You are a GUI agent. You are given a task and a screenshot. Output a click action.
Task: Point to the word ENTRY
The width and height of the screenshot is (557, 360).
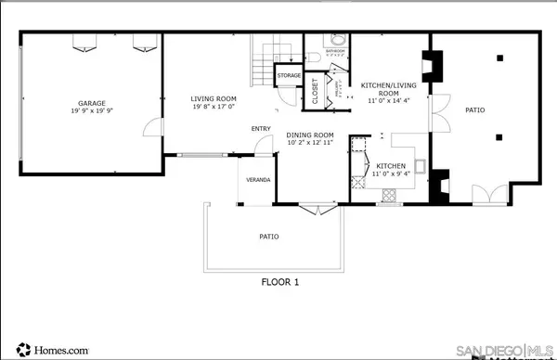click(261, 129)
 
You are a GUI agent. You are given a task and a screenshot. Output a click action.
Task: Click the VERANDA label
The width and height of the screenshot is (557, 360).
click(257, 178)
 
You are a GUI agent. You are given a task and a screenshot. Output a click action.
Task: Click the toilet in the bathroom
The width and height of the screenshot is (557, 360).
click(339, 43)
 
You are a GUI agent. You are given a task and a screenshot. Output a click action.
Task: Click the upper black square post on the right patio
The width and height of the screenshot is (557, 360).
click(499, 58)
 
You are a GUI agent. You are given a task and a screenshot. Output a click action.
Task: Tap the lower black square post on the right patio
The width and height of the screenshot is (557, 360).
click(499, 136)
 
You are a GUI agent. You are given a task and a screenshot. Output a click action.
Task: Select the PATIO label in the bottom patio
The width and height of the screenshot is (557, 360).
click(268, 237)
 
